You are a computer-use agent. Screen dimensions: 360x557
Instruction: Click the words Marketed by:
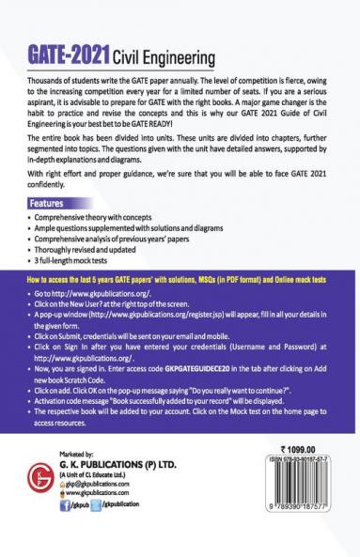pyautogui.click(x=91, y=480)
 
